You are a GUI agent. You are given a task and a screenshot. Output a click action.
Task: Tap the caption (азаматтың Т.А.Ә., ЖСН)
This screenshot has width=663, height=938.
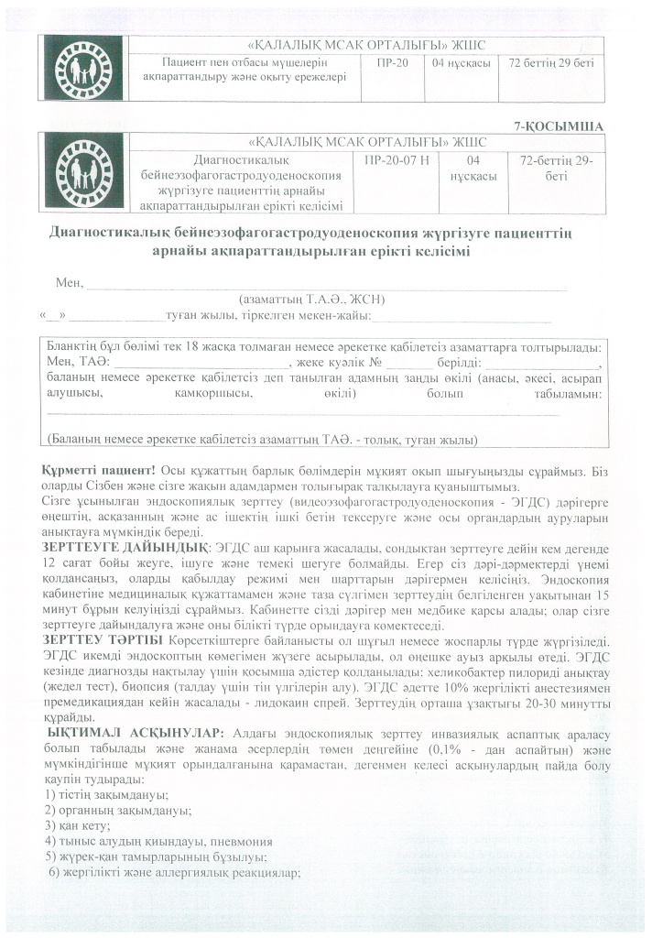coord(311,299)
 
